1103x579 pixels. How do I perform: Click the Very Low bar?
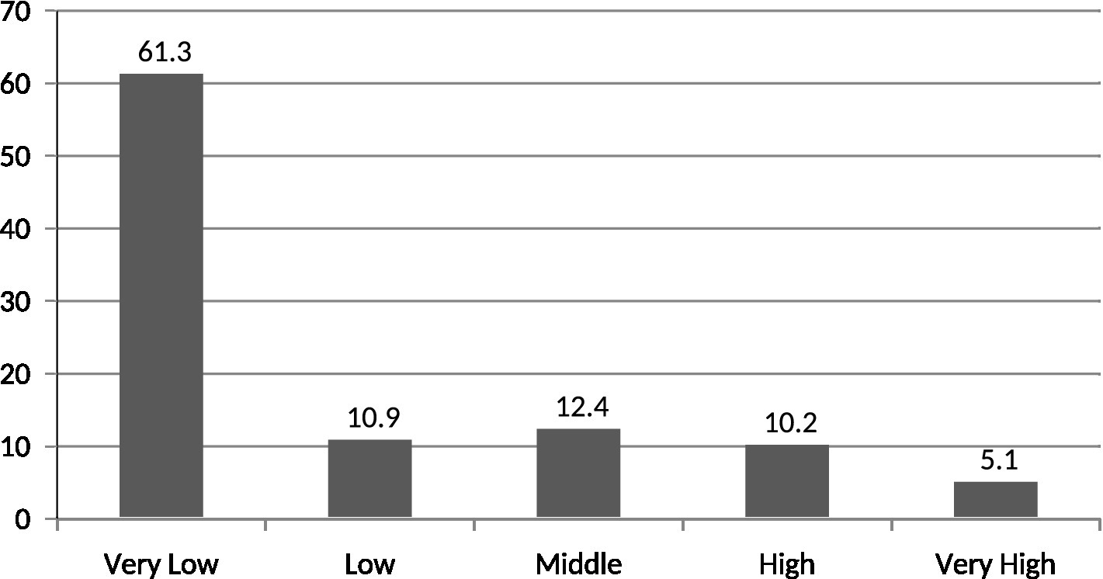point(161,295)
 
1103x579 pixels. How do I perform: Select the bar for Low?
point(369,478)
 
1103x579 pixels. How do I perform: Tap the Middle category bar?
point(578,473)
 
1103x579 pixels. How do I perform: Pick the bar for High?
point(786,480)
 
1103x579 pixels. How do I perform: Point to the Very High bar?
point(995,499)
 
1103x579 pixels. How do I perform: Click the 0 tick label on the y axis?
point(24,518)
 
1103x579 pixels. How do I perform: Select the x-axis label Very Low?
point(161,563)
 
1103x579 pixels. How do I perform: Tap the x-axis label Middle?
point(578,563)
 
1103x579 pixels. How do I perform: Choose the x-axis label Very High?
point(995,563)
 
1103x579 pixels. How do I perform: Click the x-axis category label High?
point(786,563)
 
